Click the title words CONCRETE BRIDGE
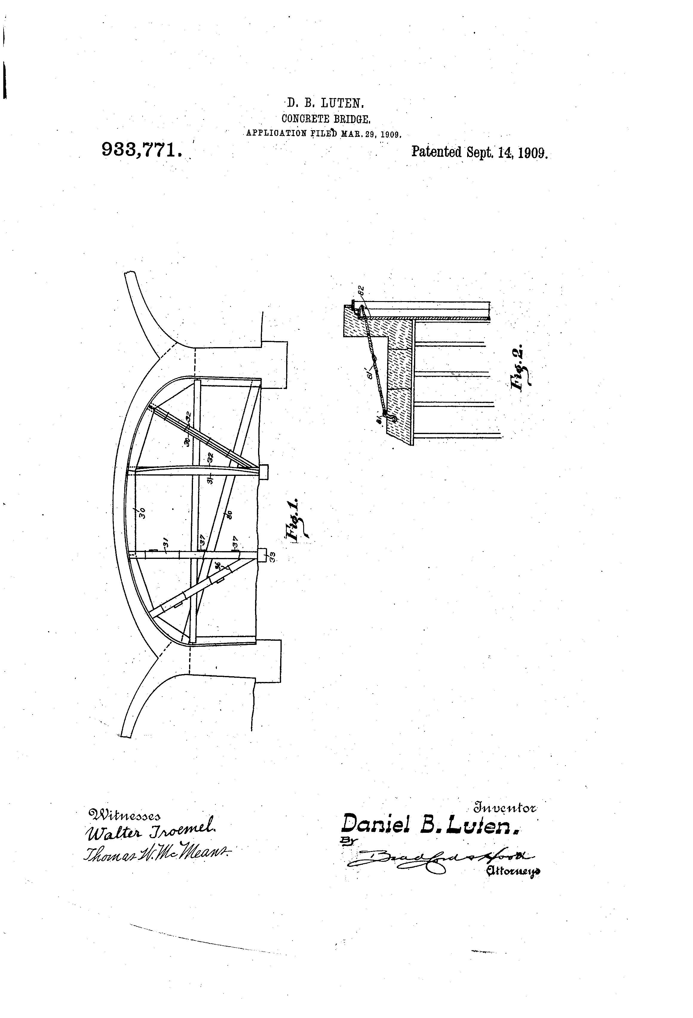point(326,119)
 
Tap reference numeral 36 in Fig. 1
point(218,565)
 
